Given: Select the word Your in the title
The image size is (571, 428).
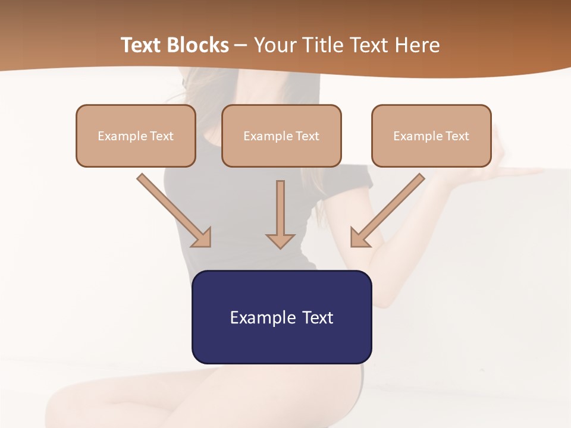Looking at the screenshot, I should point(274,45).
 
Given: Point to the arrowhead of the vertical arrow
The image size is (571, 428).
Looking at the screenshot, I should point(280,240).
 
